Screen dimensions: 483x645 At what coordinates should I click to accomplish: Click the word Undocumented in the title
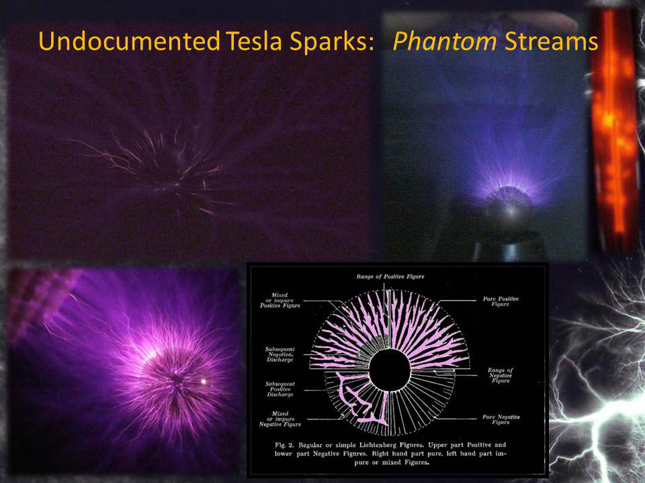pyautogui.click(x=127, y=42)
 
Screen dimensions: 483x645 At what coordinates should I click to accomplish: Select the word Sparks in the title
pyautogui.click(x=332, y=42)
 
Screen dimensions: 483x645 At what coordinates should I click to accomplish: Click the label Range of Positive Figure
pyautogui.click(x=390, y=276)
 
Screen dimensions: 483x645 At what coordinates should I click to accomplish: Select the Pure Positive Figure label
pyautogui.click(x=501, y=301)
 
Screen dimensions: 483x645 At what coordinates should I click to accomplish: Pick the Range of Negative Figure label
pyautogui.click(x=501, y=375)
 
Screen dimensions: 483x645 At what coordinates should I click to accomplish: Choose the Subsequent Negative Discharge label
pyautogui.click(x=283, y=354)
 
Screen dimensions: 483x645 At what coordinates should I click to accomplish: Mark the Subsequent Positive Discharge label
pyautogui.click(x=282, y=388)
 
